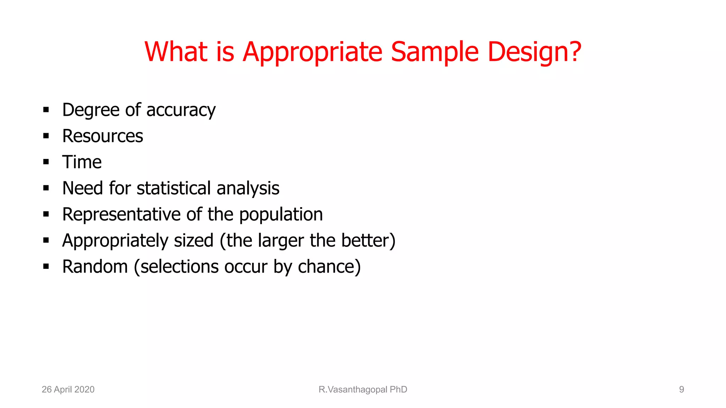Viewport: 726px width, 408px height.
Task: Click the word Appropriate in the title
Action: pyautogui.click(x=312, y=52)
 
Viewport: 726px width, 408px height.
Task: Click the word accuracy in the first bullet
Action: pyautogui.click(x=181, y=110)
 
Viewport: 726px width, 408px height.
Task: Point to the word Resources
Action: pyautogui.click(x=102, y=136)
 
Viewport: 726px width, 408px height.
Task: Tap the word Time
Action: pyautogui.click(x=82, y=162)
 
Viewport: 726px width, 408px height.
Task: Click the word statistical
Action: pyautogui.click(x=174, y=188)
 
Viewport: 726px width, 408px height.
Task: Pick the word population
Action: pyautogui.click(x=281, y=215)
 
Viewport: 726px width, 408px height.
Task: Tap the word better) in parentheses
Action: pyautogui.click(x=368, y=240)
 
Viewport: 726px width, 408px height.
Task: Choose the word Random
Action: pyautogui.click(x=95, y=267)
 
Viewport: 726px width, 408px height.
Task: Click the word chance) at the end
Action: pyautogui.click(x=329, y=267)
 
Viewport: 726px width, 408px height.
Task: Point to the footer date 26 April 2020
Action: pyautogui.click(x=68, y=390)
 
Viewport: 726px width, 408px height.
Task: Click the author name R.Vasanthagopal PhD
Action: pyautogui.click(x=363, y=390)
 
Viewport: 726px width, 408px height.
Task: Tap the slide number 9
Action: pyautogui.click(x=681, y=390)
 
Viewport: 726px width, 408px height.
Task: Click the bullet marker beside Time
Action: pyautogui.click(x=46, y=162)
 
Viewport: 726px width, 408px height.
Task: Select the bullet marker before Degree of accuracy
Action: pyautogui.click(x=46, y=110)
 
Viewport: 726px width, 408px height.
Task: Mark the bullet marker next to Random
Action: pyautogui.click(x=46, y=267)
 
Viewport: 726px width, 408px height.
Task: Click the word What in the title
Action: pyautogui.click(x=176, y=52)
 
